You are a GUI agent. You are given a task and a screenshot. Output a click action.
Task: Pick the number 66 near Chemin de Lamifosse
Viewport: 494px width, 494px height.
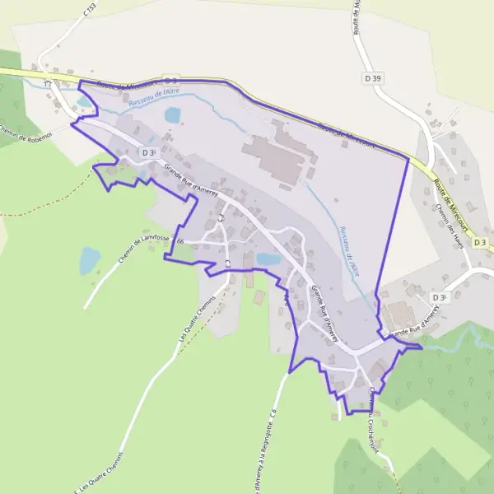click(179, 241)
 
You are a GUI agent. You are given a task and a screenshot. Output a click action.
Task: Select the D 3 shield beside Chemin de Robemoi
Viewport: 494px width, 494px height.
click(148, 152)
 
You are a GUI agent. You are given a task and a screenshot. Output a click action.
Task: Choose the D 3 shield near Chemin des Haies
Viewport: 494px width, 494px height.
click(439, 297)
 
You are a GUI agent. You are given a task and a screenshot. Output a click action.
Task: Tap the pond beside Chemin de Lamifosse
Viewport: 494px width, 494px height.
click(89, 261)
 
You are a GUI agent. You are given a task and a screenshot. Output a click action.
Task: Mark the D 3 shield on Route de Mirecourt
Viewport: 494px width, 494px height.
click(170, 80)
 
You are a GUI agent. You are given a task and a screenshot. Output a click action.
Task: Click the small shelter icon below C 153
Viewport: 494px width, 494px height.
click(48, 82)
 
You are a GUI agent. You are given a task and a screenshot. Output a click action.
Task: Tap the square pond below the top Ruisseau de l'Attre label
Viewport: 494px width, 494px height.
click(173, 115)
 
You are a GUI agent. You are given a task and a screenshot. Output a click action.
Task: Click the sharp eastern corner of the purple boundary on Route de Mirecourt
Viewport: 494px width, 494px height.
click(408, 157)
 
